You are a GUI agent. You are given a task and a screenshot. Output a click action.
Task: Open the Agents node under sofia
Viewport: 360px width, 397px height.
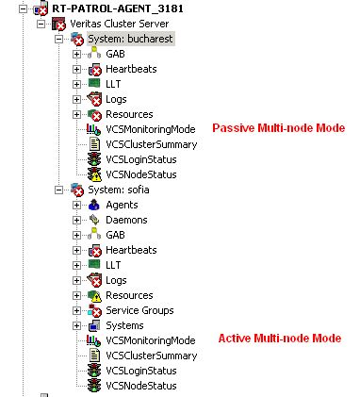[x=121, y=205]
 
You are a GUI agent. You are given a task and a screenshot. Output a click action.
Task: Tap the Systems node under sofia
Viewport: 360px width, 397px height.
[x=124, y=325]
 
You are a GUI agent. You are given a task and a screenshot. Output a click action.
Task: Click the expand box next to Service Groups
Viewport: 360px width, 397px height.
[x=76, y=310]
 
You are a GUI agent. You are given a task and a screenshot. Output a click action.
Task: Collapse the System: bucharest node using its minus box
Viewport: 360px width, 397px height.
[x=59, y=39]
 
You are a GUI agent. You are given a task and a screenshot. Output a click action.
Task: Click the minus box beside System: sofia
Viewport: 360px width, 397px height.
[x=59, y=190]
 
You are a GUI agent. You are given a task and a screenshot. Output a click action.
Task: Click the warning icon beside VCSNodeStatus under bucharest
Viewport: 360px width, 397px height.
[x=93, y=174]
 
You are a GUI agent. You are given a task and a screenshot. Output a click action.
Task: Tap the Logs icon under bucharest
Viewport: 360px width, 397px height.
[x=93, y=99]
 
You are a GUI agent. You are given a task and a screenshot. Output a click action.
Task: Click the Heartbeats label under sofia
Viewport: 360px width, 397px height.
[x=131, y=250]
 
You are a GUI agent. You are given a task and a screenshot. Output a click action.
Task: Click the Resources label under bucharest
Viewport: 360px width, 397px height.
[x=129, y=114]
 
